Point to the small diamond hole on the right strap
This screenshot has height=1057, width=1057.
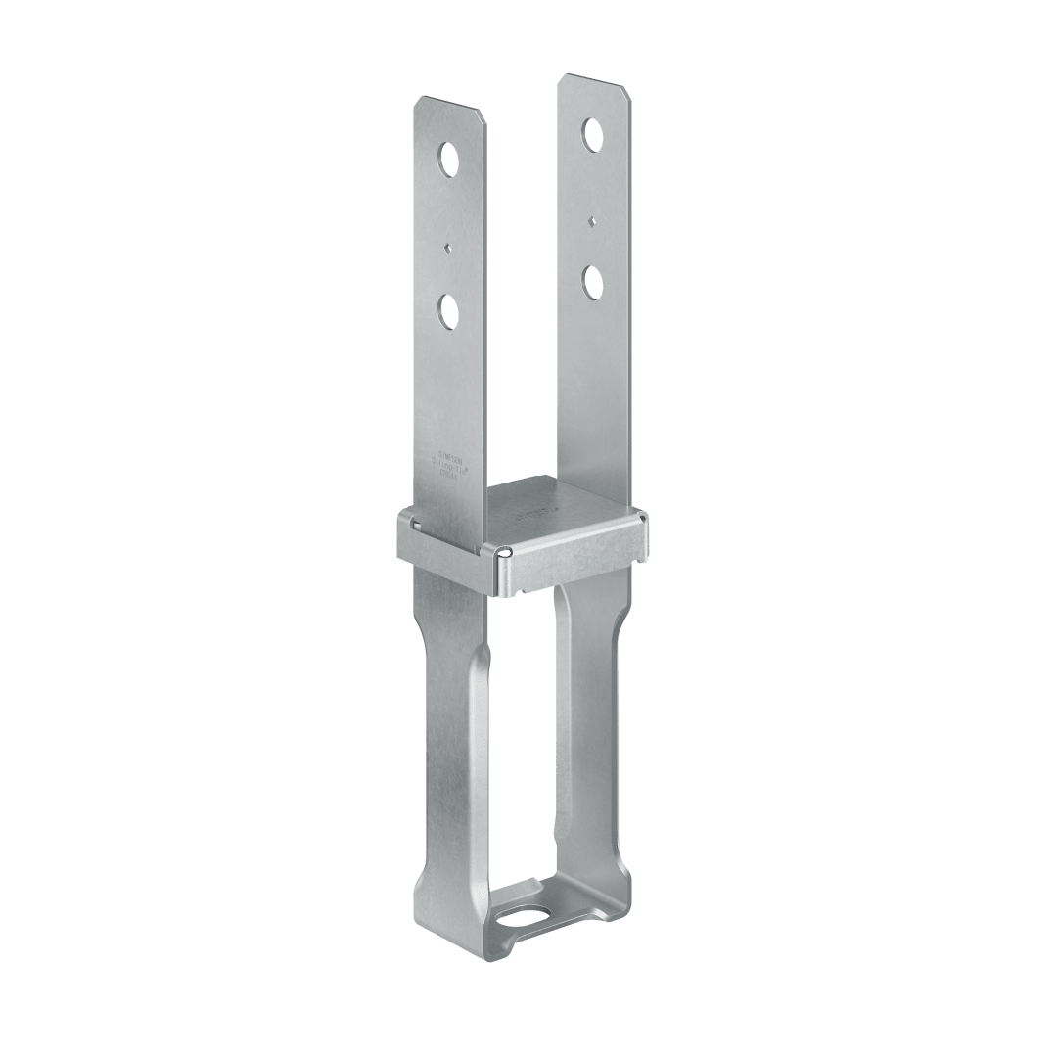pyautogui.click(x=591, y=220)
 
